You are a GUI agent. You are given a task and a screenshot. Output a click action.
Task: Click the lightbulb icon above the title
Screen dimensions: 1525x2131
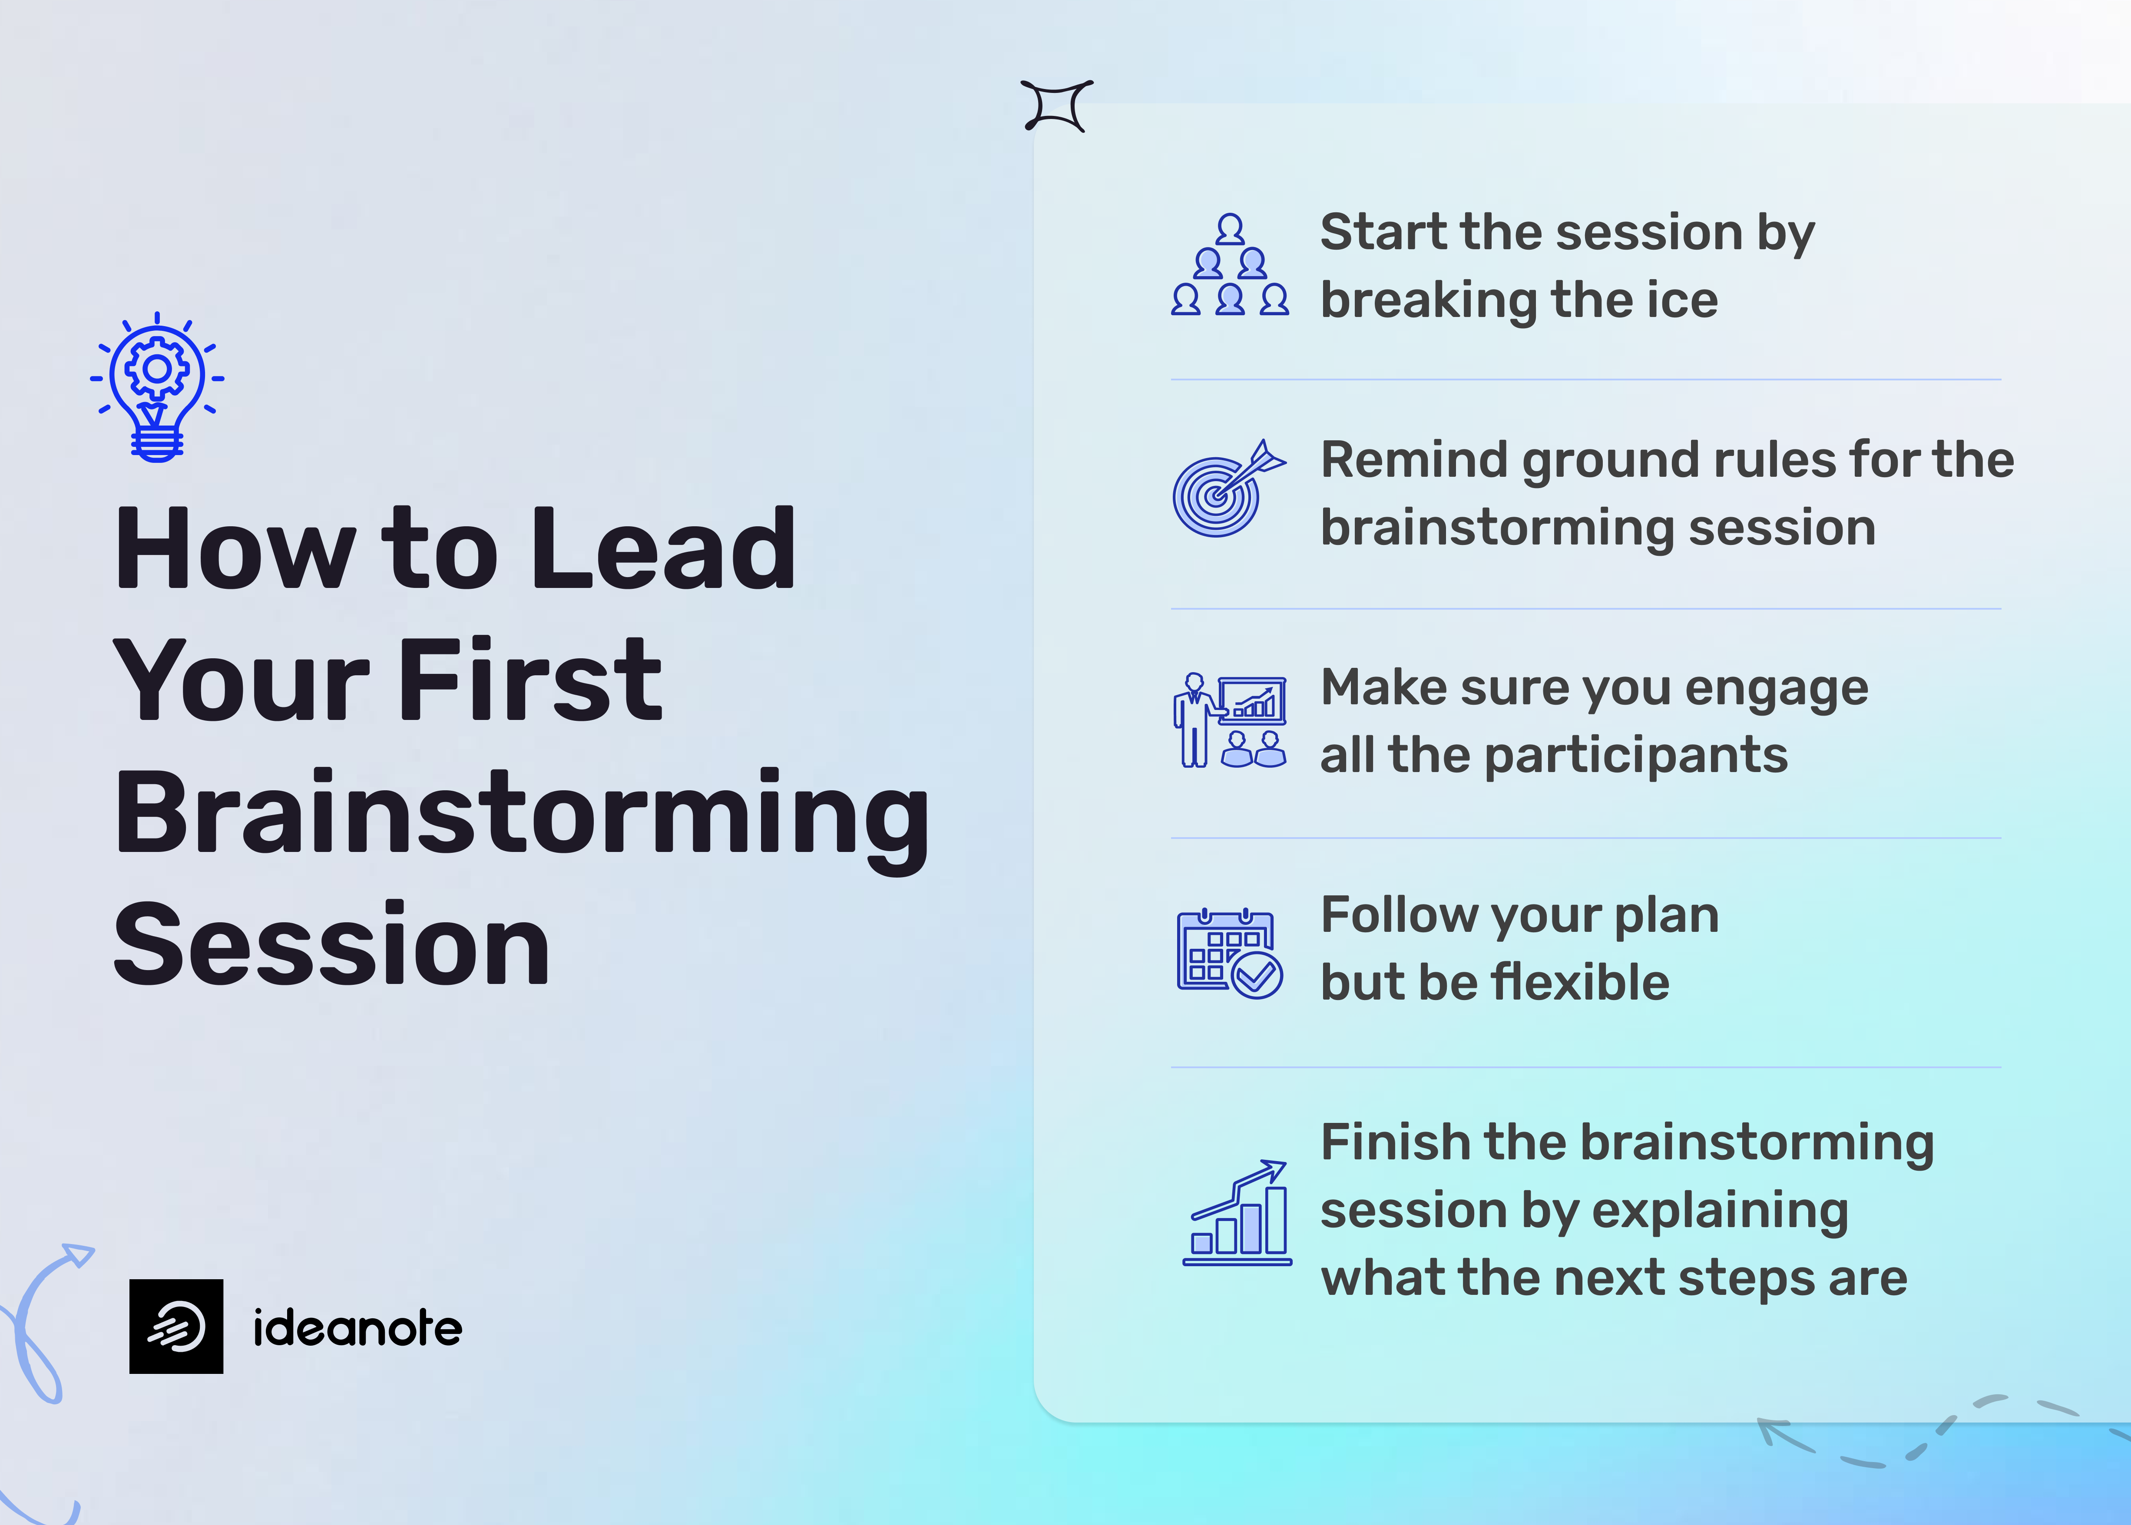(x=157, y=387)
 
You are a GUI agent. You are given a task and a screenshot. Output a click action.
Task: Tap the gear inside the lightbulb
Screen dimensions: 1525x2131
(x=157, y=368)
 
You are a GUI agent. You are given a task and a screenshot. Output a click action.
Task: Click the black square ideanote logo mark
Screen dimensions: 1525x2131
(x=176, y=1326)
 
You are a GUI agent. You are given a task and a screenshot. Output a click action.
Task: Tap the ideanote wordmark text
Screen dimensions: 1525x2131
(x=357, y=1328)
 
